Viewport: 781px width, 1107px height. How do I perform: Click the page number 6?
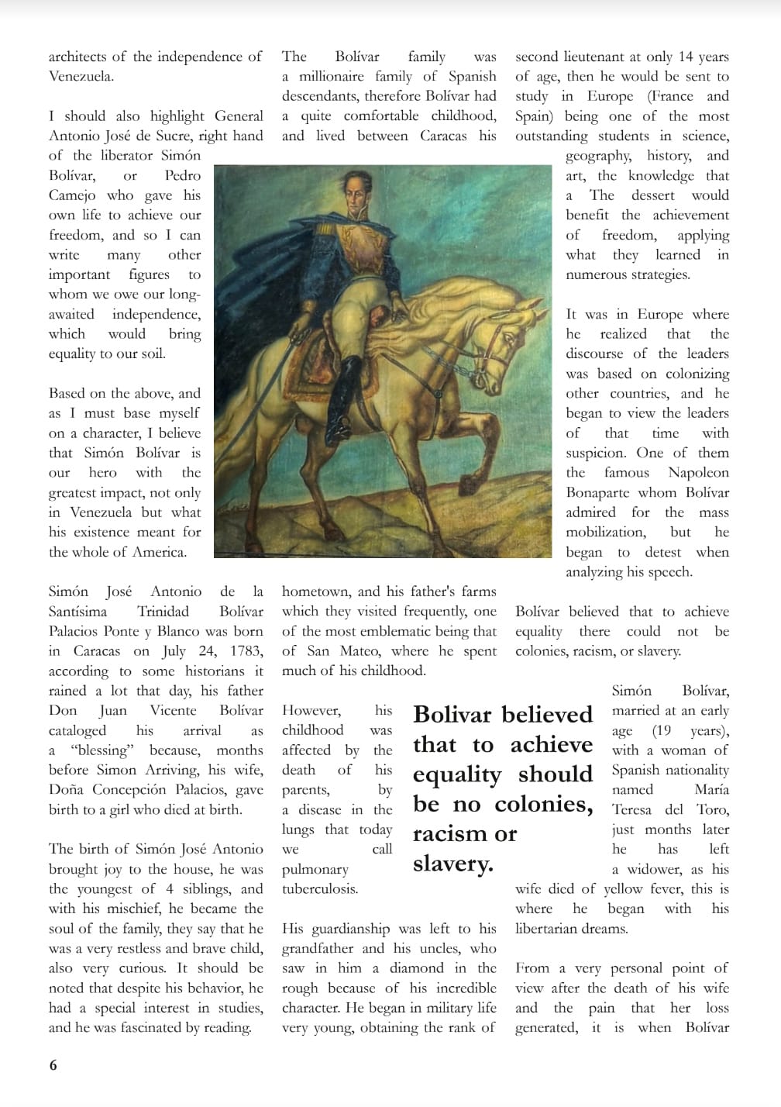pyautogui.click(x=53, y=1065)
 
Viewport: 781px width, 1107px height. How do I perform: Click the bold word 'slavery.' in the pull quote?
pyautogui.click(x=453, y=864)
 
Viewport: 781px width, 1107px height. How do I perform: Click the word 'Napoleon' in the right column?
pyautogui.click(x=698, y=473)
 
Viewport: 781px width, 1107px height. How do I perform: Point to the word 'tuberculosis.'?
pyautogui.click(x=320, y=888)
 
